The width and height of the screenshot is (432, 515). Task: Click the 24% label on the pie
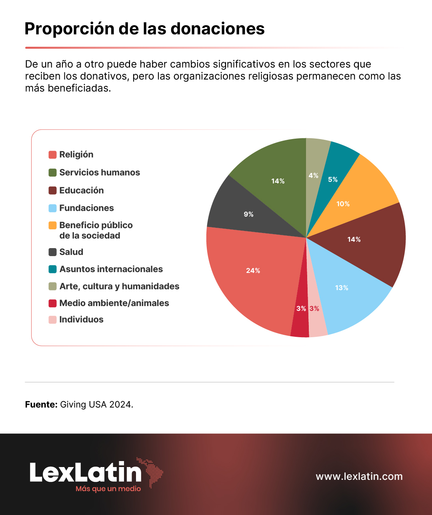point(253,270)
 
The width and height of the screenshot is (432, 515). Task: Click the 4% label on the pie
point(314,175)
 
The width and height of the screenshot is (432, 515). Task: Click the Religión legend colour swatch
point(52,155)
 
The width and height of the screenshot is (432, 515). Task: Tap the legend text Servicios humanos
point(100,173)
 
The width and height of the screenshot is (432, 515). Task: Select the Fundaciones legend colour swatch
point(52,208)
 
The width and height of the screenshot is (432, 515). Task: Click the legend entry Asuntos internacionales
point(106,269)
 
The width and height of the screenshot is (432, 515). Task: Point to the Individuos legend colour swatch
point(52,320)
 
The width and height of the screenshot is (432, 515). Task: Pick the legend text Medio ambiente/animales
point(114,303)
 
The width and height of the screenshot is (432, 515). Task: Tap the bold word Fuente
point(41,405)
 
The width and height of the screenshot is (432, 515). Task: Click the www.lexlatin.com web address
point(359,476)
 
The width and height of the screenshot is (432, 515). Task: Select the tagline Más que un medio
point(108,489)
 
